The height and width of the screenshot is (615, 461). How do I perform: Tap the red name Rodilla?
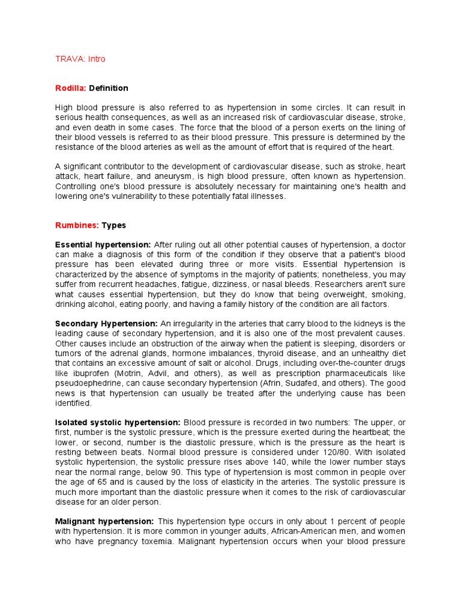point(71,88)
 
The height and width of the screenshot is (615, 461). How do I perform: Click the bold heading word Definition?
point(109,88)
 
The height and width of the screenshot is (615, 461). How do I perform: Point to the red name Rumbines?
point(77,226)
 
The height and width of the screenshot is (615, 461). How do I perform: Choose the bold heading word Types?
point(114,226)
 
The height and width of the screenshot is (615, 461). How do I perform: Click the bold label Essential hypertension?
point(103,245)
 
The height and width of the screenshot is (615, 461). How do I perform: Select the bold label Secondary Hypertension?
point(106,324)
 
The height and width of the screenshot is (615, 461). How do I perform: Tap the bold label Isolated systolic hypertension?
point(118,422)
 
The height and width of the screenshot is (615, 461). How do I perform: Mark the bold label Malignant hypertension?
point(104,521)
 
